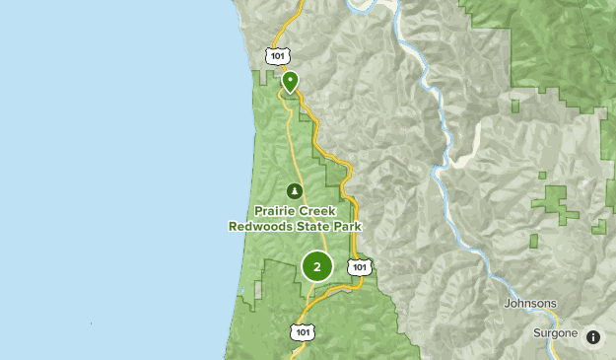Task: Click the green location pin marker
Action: click(290, 81)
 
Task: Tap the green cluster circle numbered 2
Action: click(316, 266)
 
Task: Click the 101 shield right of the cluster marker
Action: click(360, 266)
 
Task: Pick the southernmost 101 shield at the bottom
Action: click(303, 332)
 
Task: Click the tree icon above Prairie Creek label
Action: click(293, 190)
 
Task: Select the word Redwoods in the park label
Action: click(260, 226)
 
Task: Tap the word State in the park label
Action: click(313, 226)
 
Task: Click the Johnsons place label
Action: click(530, 304)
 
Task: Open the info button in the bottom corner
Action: click(593, 337)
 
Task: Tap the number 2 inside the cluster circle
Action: click(316, 266)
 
